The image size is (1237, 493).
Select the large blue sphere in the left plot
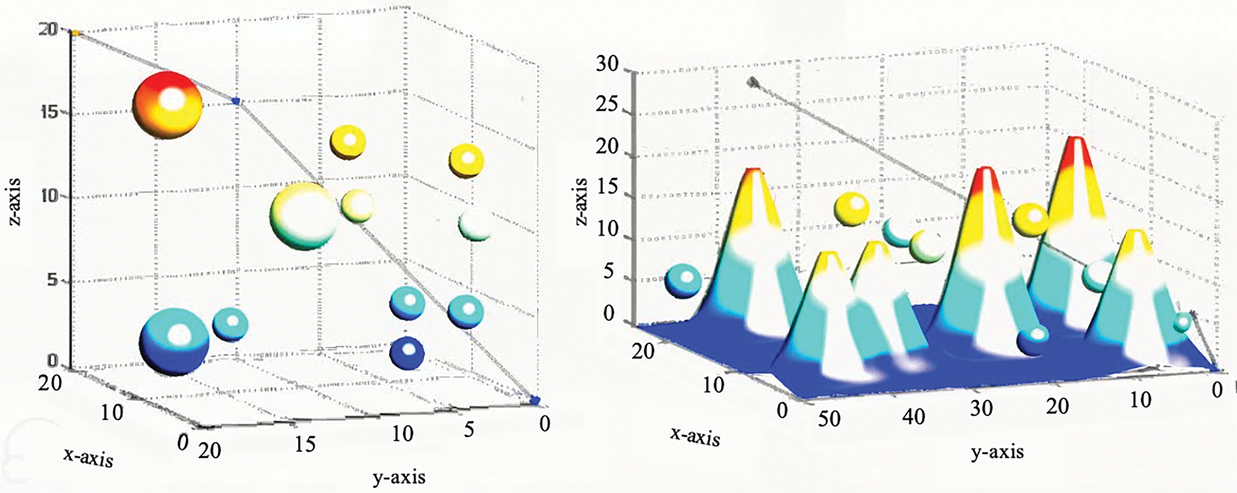[x=174, y=341]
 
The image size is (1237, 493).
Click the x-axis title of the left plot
[x=89, y=458]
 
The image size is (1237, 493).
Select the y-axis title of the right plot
[x=998, y=452]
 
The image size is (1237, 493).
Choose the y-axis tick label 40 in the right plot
[x=913, y=416]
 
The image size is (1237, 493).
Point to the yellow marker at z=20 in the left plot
[x=76, y=33]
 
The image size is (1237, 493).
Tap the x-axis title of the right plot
[x=696, y=437]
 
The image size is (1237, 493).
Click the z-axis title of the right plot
[x=582, y=202]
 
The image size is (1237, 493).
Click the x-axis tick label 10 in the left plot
[x=112, y=412]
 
